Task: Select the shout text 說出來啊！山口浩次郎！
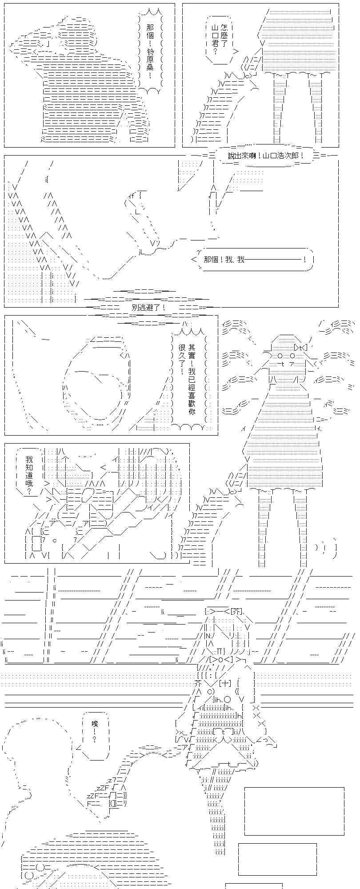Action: coord(266,156)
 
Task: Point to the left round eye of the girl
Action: coord(280,356)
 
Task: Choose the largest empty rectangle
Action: coord(294,811)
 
